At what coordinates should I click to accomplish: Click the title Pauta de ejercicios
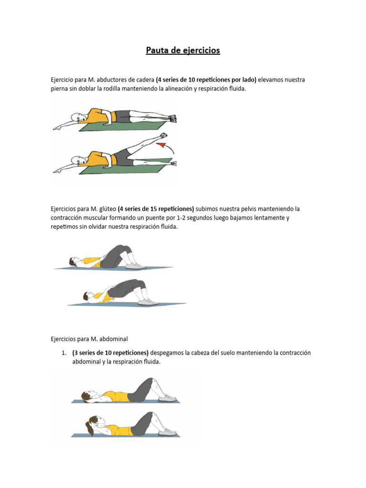click(x=183, y=51)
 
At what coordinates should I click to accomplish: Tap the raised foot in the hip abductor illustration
click(x=163, y=136)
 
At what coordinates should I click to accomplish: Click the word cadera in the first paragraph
click(x=145, y=80)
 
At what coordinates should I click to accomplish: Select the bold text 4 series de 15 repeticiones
click(x=156, y=209)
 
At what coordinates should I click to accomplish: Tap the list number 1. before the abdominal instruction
click(x=64, y=353)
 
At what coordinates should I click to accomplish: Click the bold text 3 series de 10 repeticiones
click(x=111, y=353)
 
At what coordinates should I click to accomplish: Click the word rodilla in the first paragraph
click(x=112, y=89)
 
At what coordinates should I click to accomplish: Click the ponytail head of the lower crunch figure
click(x=92, y=423)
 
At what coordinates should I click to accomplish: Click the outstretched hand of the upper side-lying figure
click(x=57, y=128)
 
